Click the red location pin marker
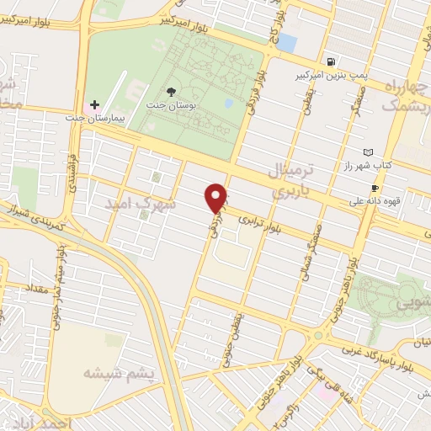click(217, 198)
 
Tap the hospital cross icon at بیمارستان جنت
click(94, 104)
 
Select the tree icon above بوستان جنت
click(171, 90)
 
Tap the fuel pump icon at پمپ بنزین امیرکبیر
click(333, 61)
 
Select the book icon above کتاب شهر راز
click(366, 152)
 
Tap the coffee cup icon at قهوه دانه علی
click(375, 188)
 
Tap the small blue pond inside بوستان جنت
click(229, 104)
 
